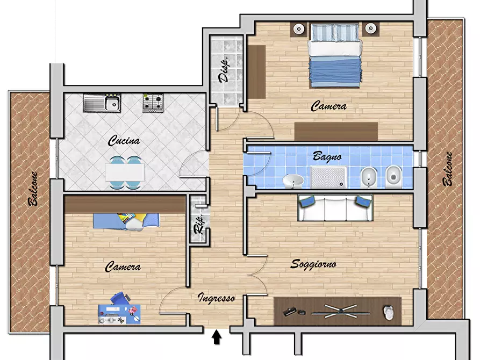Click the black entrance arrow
coord(217,337)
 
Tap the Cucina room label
coord(124,141)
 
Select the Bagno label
coord(327,157)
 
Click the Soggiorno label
coord(313,264)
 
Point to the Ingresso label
coord(217,298)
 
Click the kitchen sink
coord(102,103)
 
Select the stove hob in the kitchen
coord(153,103)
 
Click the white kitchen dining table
coord(125,172)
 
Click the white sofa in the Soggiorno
coord(335,208)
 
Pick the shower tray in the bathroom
coord(328,177)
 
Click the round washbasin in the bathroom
coord(292,181)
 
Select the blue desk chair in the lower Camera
coord(120,298)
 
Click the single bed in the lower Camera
coord(126,221)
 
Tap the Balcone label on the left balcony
coord(33,189)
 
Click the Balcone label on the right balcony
coord(448,169)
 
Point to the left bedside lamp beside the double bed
coord(298,29)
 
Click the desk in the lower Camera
coord(119,314)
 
